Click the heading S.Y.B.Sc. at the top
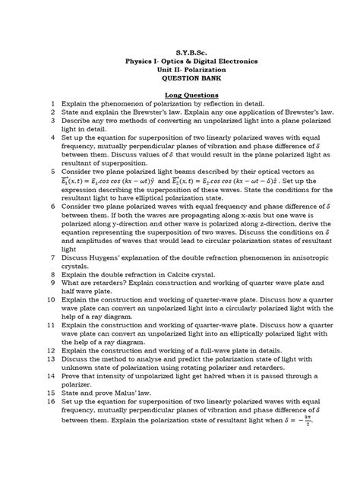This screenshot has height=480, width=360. (x=180, y=47)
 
